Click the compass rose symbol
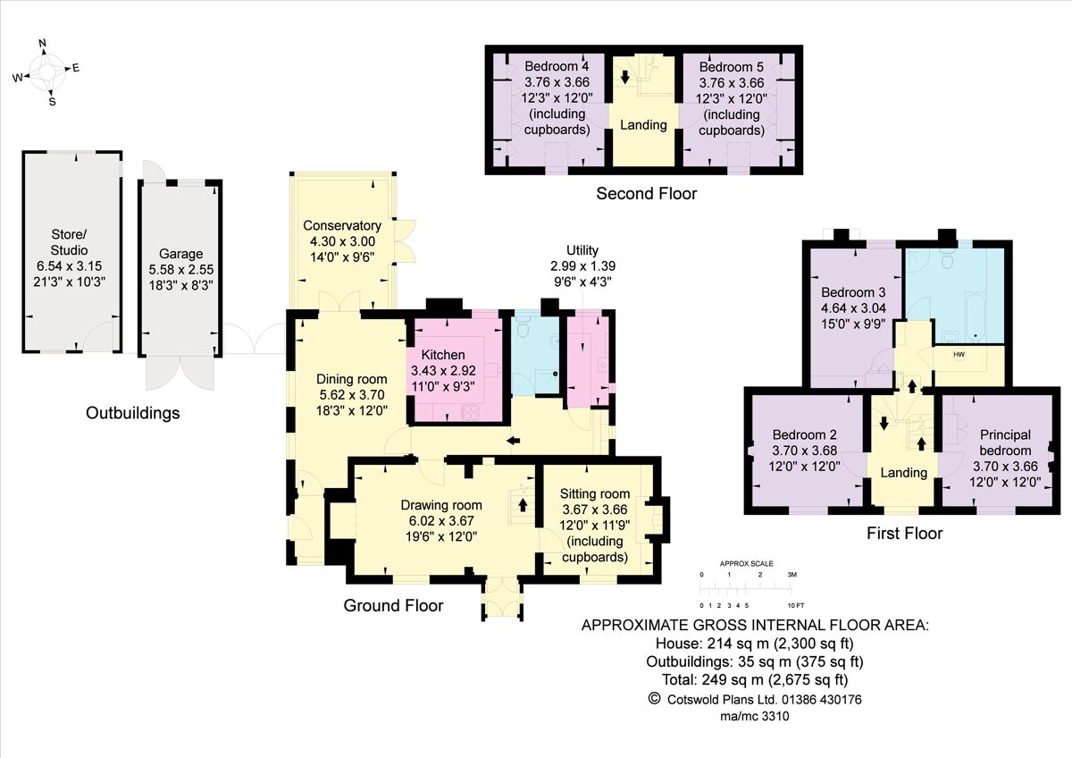(x=46, y=72)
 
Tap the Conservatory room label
(x=342, y=225)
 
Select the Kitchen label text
(x=443, y=355)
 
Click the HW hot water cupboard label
(x=959, y=355)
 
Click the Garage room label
(x=181, y=253)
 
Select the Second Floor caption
(x=646, y=193)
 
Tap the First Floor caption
(x=904, y=534)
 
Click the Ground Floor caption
(x=393, y=605)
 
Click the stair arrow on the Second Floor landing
(x=625, y=78)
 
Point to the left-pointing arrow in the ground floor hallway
(x=514, y=440)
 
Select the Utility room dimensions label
(x=582, y=265)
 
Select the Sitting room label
(x=595, y=493)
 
